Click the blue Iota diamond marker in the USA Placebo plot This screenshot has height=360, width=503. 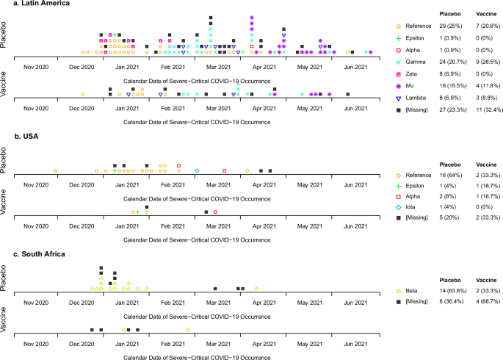[197, 171]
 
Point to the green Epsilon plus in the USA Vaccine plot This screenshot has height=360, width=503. [137, 212]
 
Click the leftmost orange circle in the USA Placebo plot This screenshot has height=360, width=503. [56, 171]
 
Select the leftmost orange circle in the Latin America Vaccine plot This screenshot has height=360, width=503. [82, 95]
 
